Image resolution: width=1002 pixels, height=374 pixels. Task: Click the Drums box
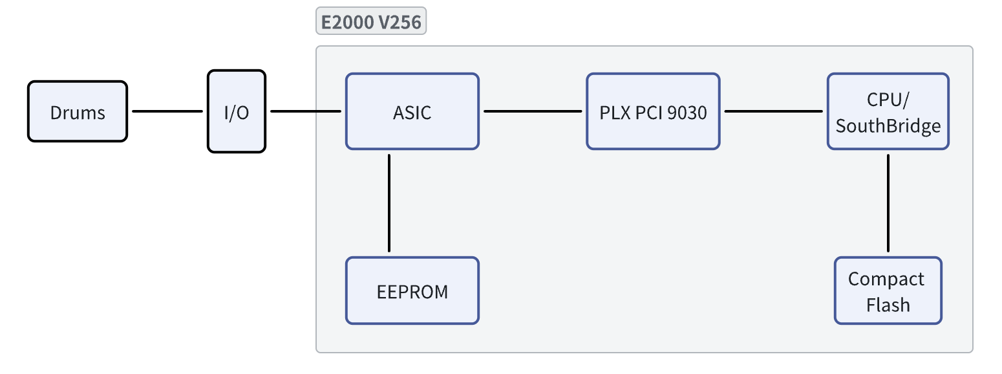78,111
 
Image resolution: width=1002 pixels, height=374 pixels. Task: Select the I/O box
236,111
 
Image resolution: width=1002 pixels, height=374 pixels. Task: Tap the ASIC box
412,111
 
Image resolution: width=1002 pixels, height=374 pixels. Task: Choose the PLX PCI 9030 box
653,111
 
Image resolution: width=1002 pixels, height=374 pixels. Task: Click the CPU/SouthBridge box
888,111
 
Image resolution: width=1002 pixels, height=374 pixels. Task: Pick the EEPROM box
412,291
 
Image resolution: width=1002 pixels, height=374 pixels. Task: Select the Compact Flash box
888,291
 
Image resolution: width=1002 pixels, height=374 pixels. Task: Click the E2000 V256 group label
371,23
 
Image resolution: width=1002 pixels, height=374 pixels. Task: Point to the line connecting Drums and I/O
167,111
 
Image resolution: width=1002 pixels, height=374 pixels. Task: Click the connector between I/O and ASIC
305,111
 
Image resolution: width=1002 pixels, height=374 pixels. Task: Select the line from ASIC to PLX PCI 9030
533,111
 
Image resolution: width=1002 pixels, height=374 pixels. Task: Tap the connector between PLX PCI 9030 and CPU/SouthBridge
773,111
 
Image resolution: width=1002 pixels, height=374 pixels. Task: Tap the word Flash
888,304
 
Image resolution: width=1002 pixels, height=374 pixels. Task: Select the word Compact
886,279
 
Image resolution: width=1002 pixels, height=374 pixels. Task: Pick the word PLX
613,112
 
